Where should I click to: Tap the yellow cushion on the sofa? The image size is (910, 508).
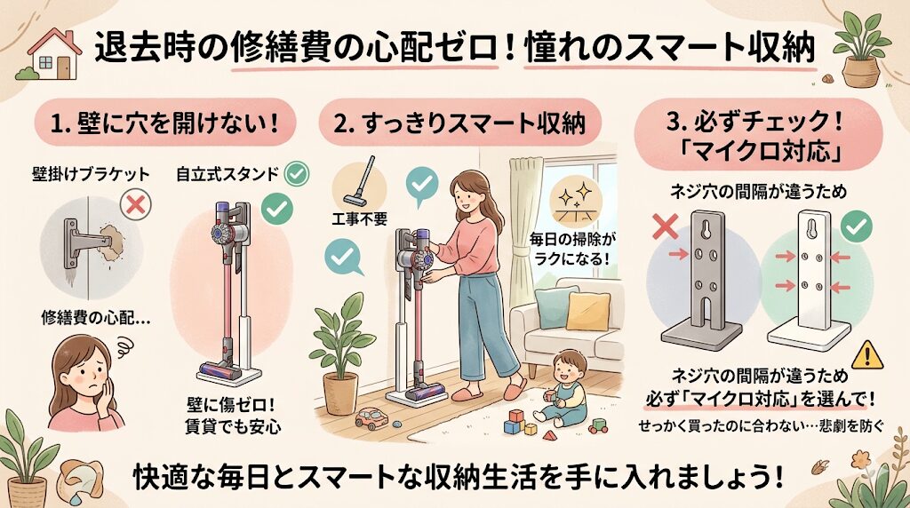click(588, 312)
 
